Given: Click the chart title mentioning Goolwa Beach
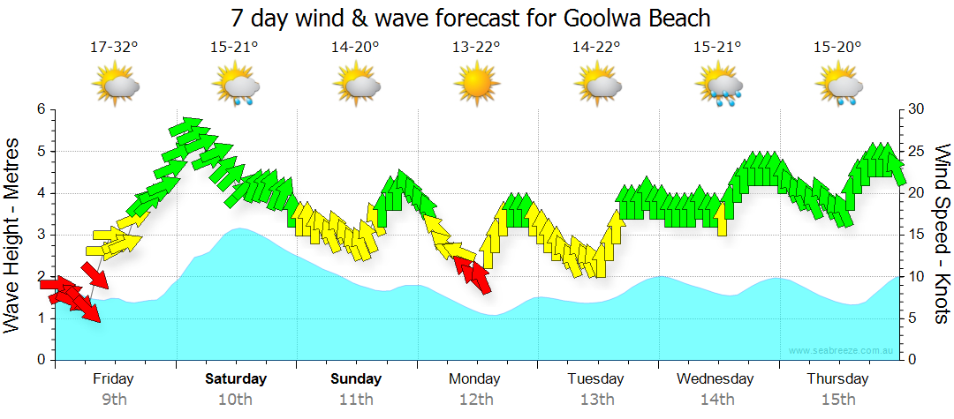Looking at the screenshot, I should (x=470, y=18).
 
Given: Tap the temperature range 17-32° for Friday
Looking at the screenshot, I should (x=114, y=48).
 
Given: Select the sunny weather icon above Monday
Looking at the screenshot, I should (x=476, y=86).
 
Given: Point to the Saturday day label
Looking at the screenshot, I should (x=236, y=379).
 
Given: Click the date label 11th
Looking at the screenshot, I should (x=356, y=400).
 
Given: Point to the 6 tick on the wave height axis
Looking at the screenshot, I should (x=41, y=109).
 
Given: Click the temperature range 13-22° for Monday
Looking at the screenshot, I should (x=476, y=48).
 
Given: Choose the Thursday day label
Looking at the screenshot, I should (x=837, y=379).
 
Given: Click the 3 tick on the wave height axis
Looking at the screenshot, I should (x=41, y=235).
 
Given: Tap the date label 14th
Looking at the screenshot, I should (x=717, y=400).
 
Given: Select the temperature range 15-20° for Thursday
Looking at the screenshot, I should (x=837, y=48).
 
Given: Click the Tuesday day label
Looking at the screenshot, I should (x=596, y=379).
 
